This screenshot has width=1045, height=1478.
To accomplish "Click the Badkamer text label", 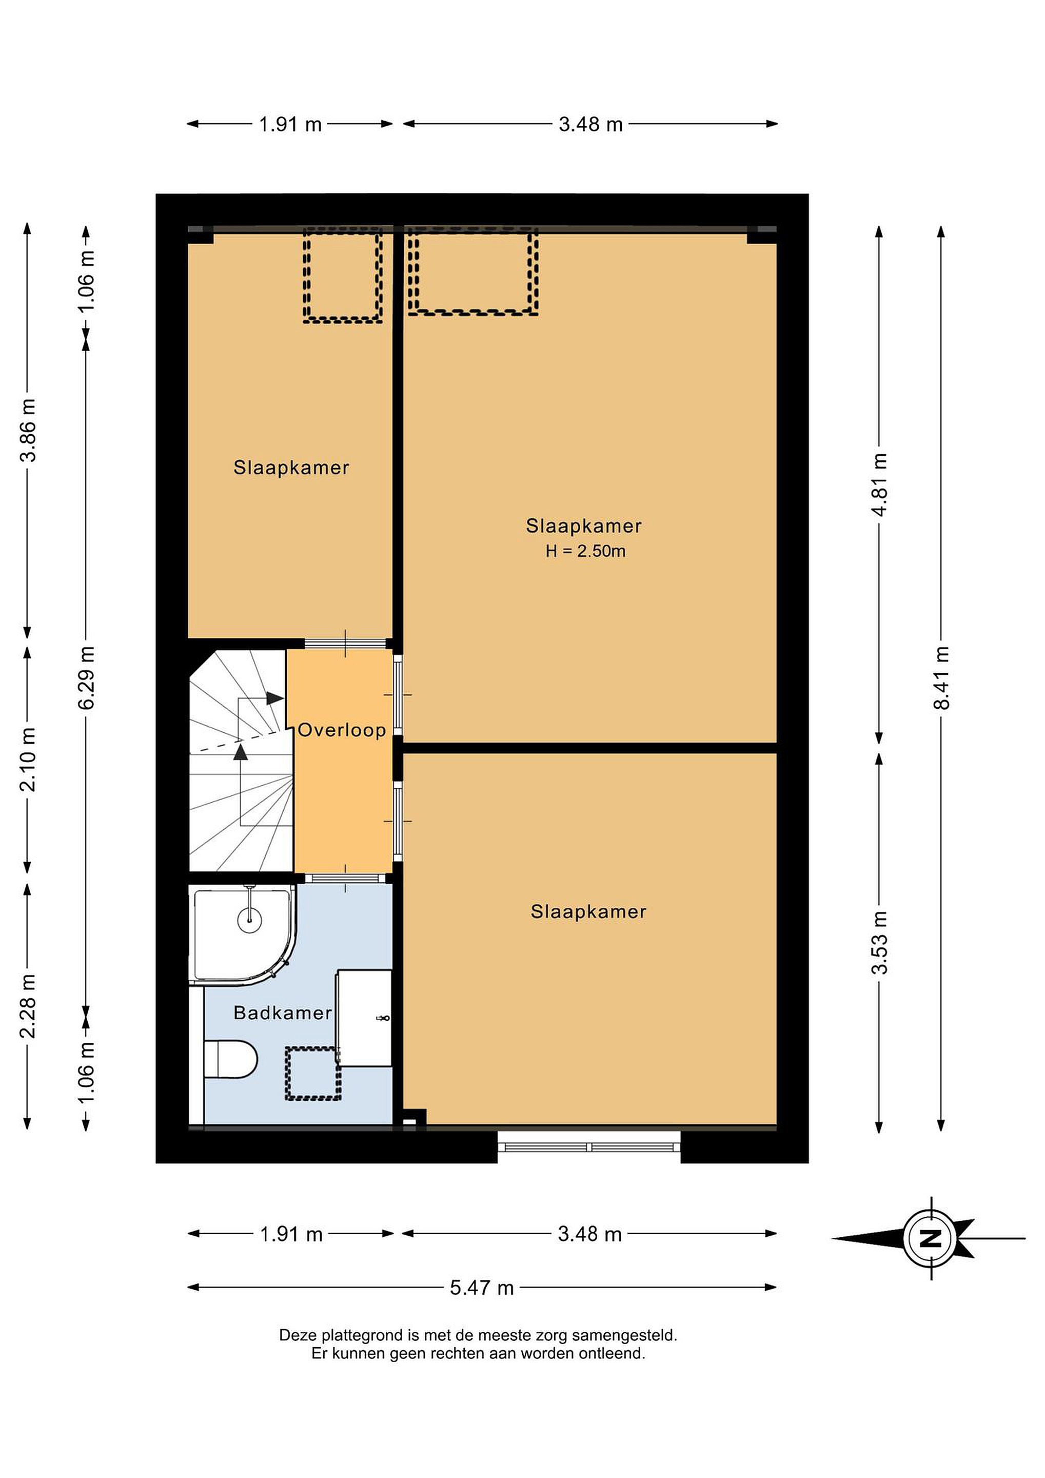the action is [x=283, y=1013].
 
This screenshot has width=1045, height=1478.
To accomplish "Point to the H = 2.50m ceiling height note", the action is [x=585, y=551].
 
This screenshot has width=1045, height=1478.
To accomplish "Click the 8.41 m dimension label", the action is [x=942, y=677].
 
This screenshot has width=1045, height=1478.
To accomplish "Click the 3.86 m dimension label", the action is [x=28, y=430].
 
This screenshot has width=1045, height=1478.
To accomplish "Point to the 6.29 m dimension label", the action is [x=86, y=677].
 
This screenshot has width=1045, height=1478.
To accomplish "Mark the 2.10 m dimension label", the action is [x=28, y=760].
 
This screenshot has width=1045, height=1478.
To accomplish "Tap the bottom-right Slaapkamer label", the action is [x=588, y=911].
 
